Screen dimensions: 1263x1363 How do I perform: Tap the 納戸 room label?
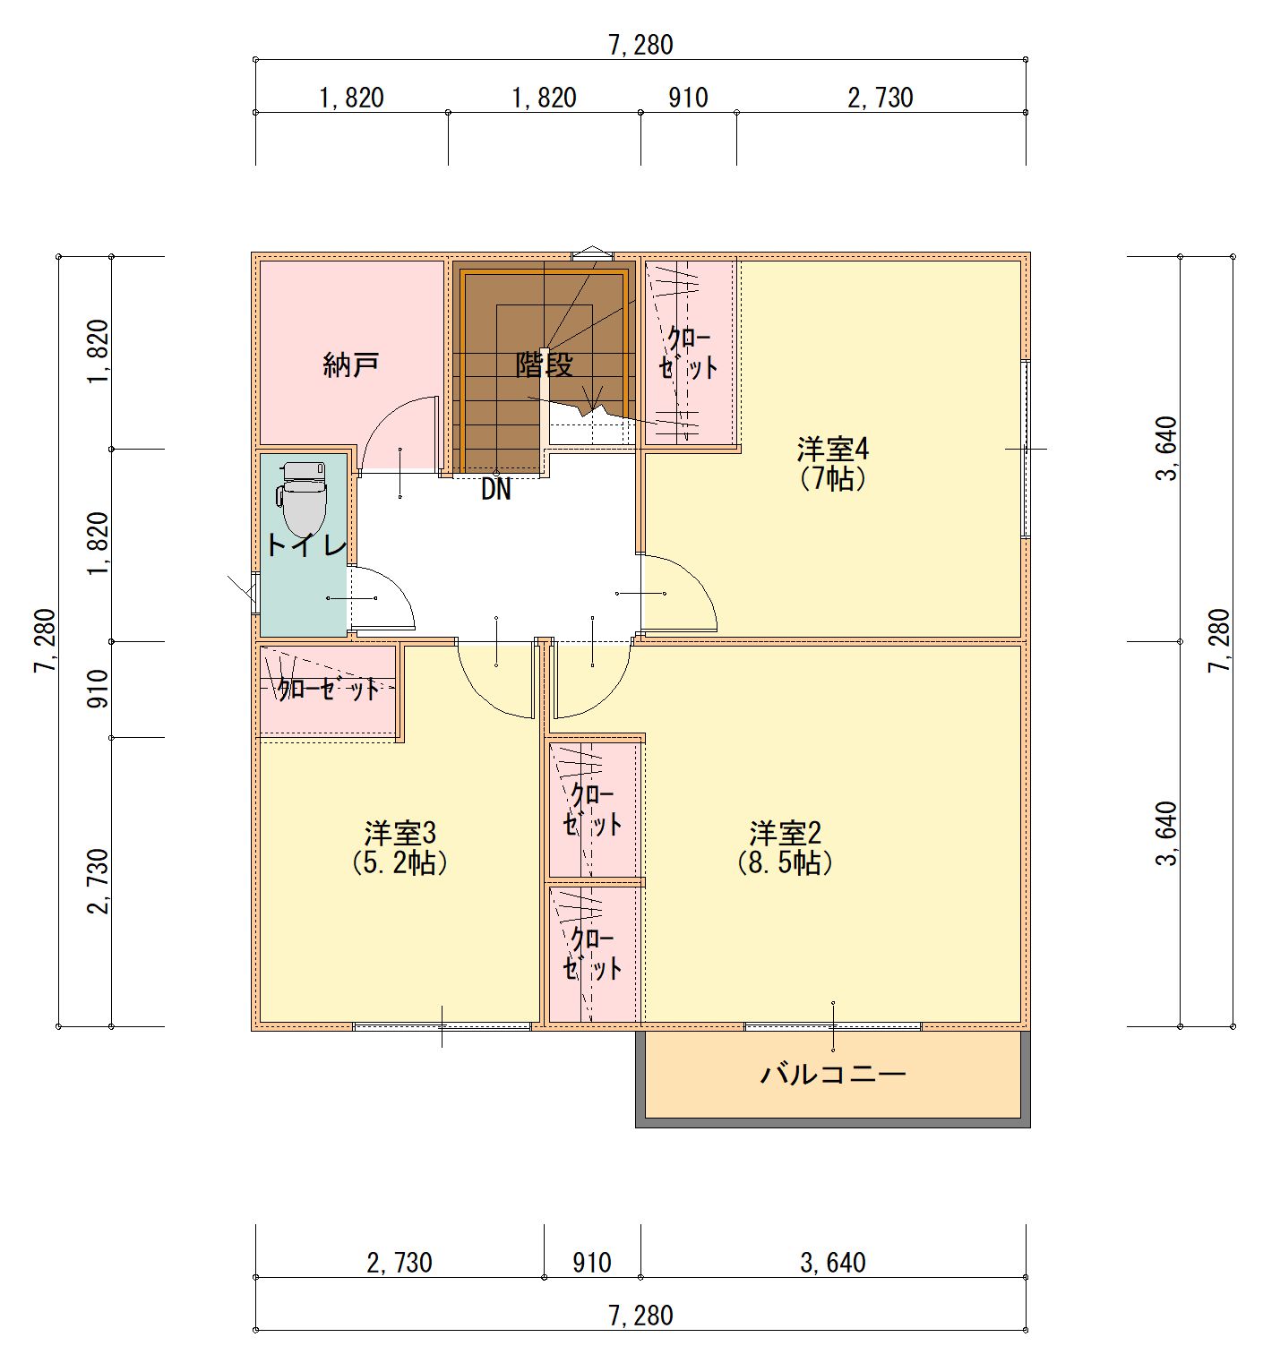(x=351, y=364)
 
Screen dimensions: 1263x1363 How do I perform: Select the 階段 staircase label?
(x=544, y=364)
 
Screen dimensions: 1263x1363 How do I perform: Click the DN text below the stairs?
(x=495, y=490)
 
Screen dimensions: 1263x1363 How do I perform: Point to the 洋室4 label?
(x=833, y=448)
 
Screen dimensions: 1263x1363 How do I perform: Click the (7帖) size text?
(x=833, y=478)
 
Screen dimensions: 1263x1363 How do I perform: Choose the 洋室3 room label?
(x=400, y=833)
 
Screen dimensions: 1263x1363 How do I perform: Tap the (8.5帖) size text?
(x=786, y=862)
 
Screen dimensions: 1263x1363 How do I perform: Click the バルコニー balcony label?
(x=833, y=1073)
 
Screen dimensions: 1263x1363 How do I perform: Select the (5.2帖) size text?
(x=400, y=862)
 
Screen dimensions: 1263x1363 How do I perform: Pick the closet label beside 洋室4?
(x=689, y=353)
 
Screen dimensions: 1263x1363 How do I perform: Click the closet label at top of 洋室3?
(x=329, y=689)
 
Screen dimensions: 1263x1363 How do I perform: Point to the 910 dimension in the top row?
(x=688, y=97)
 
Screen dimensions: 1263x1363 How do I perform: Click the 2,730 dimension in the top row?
(x=881, y=97)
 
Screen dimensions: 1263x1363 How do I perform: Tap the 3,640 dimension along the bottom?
(x=833, y=1263)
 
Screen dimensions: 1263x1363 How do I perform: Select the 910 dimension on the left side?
(x=98, y=689)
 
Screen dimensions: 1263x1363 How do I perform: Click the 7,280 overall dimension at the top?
(x=640, y=45)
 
